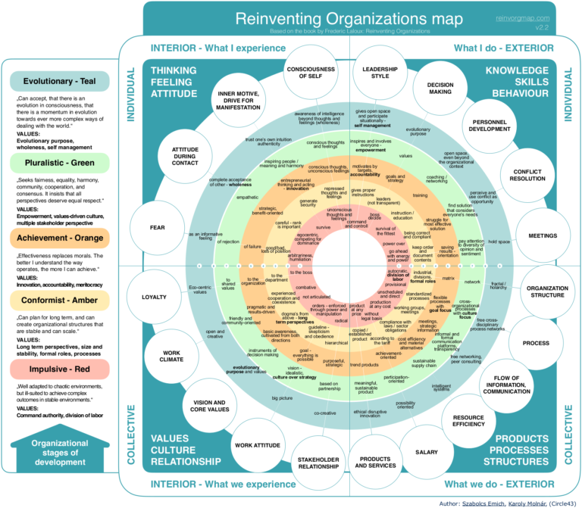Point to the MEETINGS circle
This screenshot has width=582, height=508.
[543, 235]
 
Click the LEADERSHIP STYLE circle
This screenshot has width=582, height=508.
[375, 72]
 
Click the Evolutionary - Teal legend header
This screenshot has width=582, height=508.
[60, 81]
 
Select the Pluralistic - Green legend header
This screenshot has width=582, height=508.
[60, 161]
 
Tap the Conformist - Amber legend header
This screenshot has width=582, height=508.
[60, 300]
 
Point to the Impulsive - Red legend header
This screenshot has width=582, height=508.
[60, 369]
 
